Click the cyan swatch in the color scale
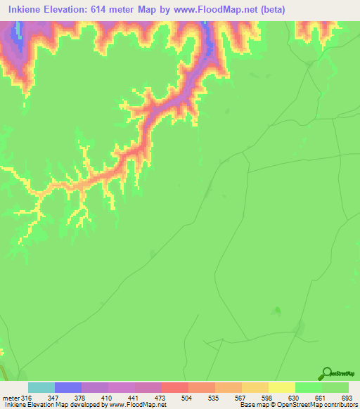pos(41,388)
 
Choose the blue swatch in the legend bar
pos(68,388)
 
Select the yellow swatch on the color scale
pos(281,388)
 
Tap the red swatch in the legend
pos(175,388)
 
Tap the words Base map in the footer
pos(252,404)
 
